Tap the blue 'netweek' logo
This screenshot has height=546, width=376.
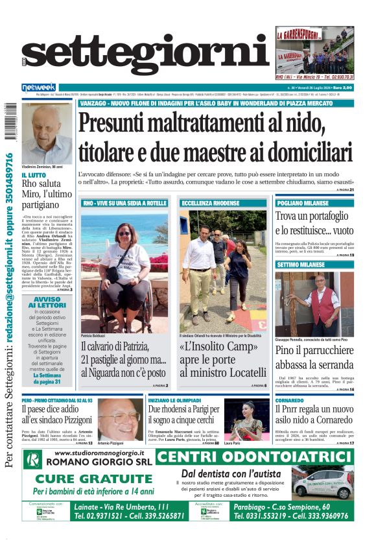(40, 87)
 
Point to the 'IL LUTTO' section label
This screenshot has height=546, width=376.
(34, 175)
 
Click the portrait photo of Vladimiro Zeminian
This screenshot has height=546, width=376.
(47, 133)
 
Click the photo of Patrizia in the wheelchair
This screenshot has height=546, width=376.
(124, 270)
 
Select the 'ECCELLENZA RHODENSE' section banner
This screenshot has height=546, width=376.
(207, 204)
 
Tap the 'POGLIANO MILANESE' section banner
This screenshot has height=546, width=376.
(303, 204)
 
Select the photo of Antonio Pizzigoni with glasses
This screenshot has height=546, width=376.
(121, 420)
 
